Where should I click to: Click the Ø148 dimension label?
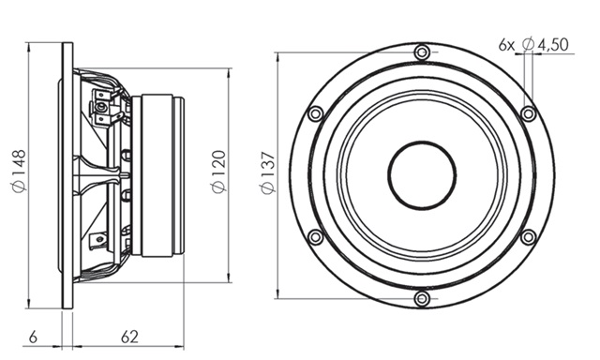click(x=19, y=171)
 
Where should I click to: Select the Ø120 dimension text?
click(x=219, y=172)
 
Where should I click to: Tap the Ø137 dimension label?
click(x=268, y=172)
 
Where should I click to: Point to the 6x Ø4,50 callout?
click(x=533, y=45)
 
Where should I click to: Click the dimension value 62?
click(x=129, y=337)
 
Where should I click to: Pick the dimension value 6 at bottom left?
click(x=34, y=337)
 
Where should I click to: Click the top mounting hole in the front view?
click(x=422, y=52)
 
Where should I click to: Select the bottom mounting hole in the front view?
click(x=422, y=298)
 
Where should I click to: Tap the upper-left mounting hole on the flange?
click(x=316, y=113)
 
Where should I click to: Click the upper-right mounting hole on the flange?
click(x=529, y=113)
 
